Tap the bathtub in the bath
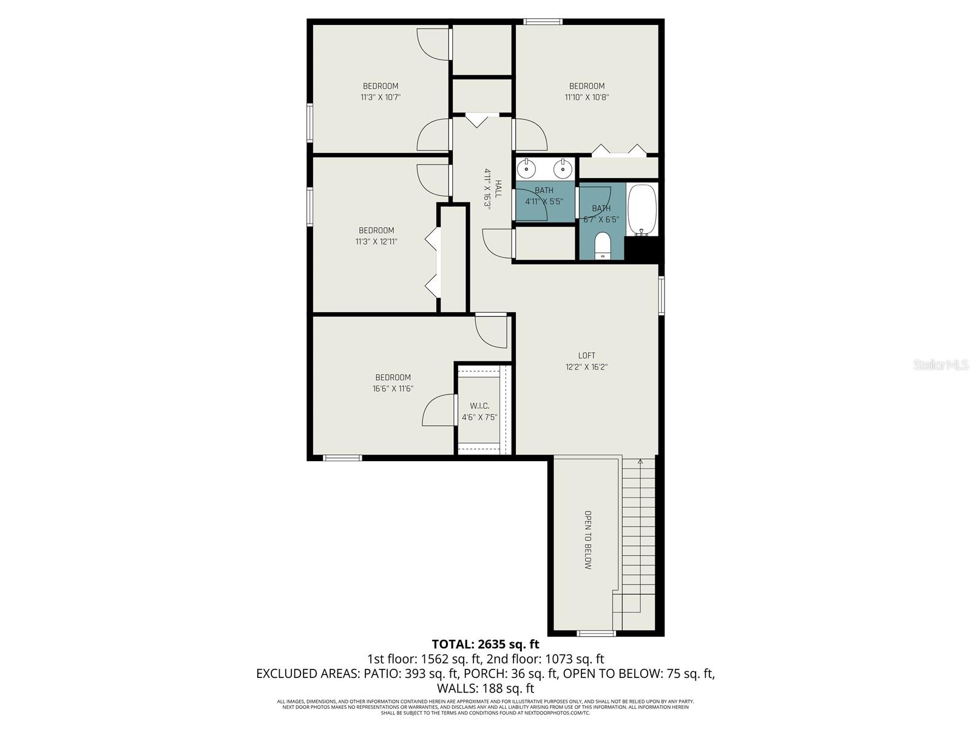click(642, 210)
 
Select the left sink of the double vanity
click(527, 168)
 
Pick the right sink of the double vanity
click(563, 168)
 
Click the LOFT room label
click(586, 355)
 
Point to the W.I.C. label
click(479, 406)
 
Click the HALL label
click(498, 189)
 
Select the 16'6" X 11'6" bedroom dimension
click(393, 389)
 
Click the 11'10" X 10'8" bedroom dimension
click(586, 97)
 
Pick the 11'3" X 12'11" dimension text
click(376, 242)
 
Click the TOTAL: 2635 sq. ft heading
click(485, 644)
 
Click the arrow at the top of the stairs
click(640, 462)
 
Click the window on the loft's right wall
click(661, 295)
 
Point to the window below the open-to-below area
click(595, 634)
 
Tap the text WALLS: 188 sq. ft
click(485, 688)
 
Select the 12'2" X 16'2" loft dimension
click(586, 367)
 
